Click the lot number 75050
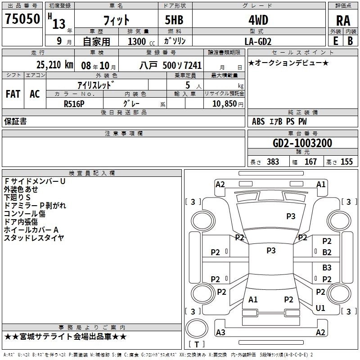tap(22, 19)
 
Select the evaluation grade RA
tap(343, 21)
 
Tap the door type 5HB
tap(174, 20)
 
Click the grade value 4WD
tap(258, 20)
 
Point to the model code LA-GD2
tap(258, 41)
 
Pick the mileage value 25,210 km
tap(54, 65)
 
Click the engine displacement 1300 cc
tap(141, 41)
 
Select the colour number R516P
tap(74, 104)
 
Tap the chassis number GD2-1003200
tap(302, 143)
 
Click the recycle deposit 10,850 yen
tap(228, 104)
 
